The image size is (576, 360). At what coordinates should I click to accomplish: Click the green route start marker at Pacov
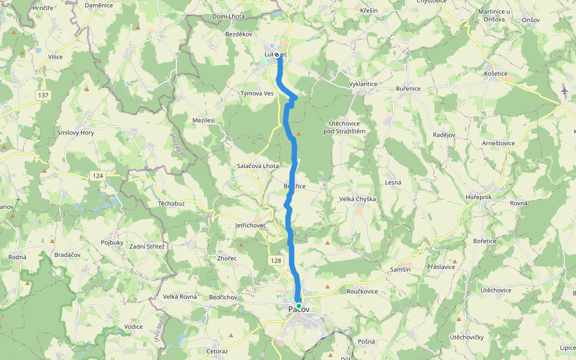[x=299, y=305]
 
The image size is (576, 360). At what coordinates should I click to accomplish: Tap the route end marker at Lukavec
[x=278, y=55]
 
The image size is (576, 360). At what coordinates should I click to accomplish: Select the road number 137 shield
[x=43, y=95]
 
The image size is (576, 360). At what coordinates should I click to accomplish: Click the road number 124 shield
[x=98, y=175]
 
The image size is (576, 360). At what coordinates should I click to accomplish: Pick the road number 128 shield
[x=275, y=260]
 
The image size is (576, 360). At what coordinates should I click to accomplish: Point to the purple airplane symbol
[x=564, y=91]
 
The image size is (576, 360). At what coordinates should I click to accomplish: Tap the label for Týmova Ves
[x=257, y=94]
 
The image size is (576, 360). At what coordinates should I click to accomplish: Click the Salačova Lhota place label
[x=258, y=166]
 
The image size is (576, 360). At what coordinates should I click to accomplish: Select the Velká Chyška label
[x=358, y=199]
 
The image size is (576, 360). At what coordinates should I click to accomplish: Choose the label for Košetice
[x=496, y=73]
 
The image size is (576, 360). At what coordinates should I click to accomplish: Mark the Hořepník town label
[x=478, y=197]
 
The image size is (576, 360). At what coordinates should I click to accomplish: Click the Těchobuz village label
[x=170, y=203]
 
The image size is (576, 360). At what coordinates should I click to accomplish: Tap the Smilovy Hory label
[x=76, y=133]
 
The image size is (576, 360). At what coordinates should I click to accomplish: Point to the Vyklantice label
[x=363, y=84]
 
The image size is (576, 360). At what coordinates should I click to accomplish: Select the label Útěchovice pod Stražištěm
[x=344, y=127]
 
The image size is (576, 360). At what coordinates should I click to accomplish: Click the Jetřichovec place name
[x=251, y=225]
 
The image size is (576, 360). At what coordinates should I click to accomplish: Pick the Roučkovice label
[x=362, y=290]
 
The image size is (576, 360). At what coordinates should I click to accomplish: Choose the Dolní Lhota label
[x=229, y=16]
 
